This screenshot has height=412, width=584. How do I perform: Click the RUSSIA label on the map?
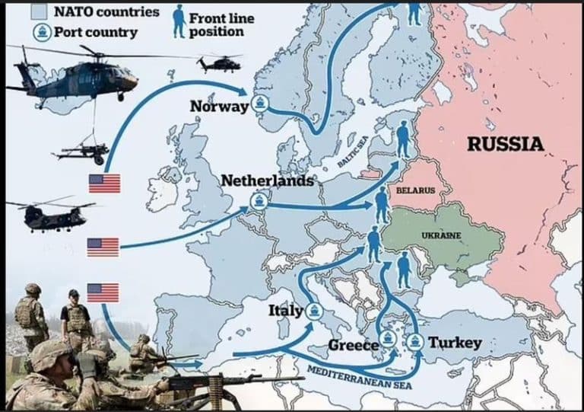pyautogui.click(x=505, y=143)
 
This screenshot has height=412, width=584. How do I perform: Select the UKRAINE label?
pyautogui.click(x=441, y=235)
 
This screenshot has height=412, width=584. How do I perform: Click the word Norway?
pyautogui.click(x=220, y=107)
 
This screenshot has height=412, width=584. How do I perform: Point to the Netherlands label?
pyautogui.click(x=267, y=181)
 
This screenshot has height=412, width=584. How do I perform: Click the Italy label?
pyautogui.click(x=285, y=311)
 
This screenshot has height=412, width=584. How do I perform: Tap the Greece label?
pyautogui.click(x=353, y=346)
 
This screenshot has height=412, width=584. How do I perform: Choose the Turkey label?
pyautogui.click(x=455, y=343)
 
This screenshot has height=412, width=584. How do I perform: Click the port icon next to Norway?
pyautogui.click(x=260, y=105)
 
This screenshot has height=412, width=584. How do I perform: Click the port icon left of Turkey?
pyautogui.click(x=416, y=341)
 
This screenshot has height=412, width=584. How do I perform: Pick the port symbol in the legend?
pyautogui.click(x=42, y=32)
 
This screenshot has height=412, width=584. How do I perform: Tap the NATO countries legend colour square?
pyautogui.click(x=43, y=11)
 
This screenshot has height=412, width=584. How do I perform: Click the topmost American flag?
pyautogui.click(x=104, y=184)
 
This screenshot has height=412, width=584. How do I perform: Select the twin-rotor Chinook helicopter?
pyautogui.click(x=50, y=215)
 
